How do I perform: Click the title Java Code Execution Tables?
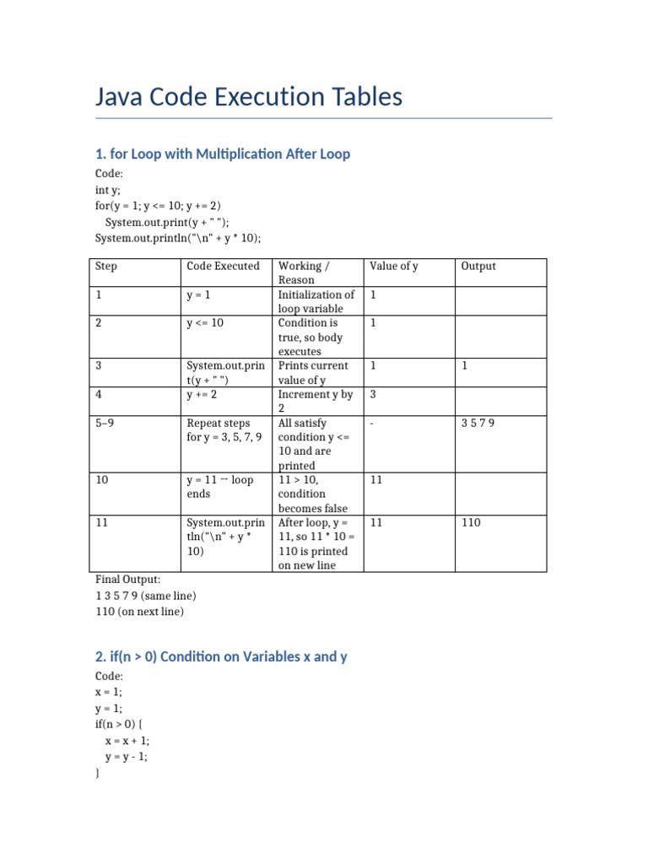pos(249,97)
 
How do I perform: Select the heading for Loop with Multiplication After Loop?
pos(222,154)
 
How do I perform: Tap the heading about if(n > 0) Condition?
pos(221,656)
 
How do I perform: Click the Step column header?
pos(106,266)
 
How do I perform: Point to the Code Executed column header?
pos(223,266)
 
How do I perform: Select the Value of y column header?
pos(393,266)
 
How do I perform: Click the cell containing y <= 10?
pos(205,323)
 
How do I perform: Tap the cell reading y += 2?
pos(203,395)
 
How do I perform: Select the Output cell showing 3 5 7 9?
pos(478,423)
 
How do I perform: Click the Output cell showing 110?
pos(471,522)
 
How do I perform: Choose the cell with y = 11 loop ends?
pos(219,486)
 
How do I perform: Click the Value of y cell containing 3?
pos(373,395)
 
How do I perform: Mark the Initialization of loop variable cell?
pos(316,301)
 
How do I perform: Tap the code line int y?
pos(108,191)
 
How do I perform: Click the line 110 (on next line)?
pos(139,611)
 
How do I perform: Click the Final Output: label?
pos(127,580)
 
